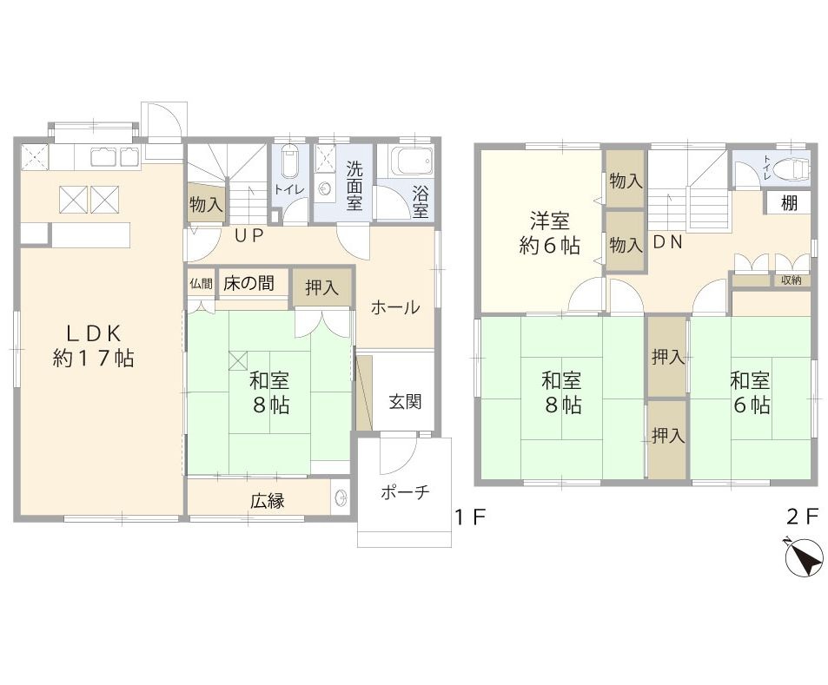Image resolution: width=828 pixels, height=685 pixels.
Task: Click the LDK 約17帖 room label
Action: pos(94,346)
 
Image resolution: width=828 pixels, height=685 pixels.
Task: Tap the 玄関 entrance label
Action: pos(405,402)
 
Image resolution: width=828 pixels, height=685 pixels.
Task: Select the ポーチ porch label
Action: pos(405,493)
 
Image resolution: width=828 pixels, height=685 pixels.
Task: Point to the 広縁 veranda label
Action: pos(268,501)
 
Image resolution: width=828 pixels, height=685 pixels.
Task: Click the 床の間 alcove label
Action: pos(248,284)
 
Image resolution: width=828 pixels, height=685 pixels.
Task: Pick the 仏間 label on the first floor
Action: pos(201,284)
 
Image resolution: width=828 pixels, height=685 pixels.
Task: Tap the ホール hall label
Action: pos(395,307)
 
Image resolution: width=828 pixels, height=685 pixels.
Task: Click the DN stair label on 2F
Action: pos(668,242)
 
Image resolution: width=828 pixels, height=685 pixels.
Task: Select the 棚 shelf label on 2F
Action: pos(789,202)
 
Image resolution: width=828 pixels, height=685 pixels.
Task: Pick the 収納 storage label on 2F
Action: pos(791,280)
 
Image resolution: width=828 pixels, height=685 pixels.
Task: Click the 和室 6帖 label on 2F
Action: pos(750,392)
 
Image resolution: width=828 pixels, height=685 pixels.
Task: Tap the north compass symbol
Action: pos(805,557)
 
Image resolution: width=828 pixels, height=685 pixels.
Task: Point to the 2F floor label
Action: pos(802,517)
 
